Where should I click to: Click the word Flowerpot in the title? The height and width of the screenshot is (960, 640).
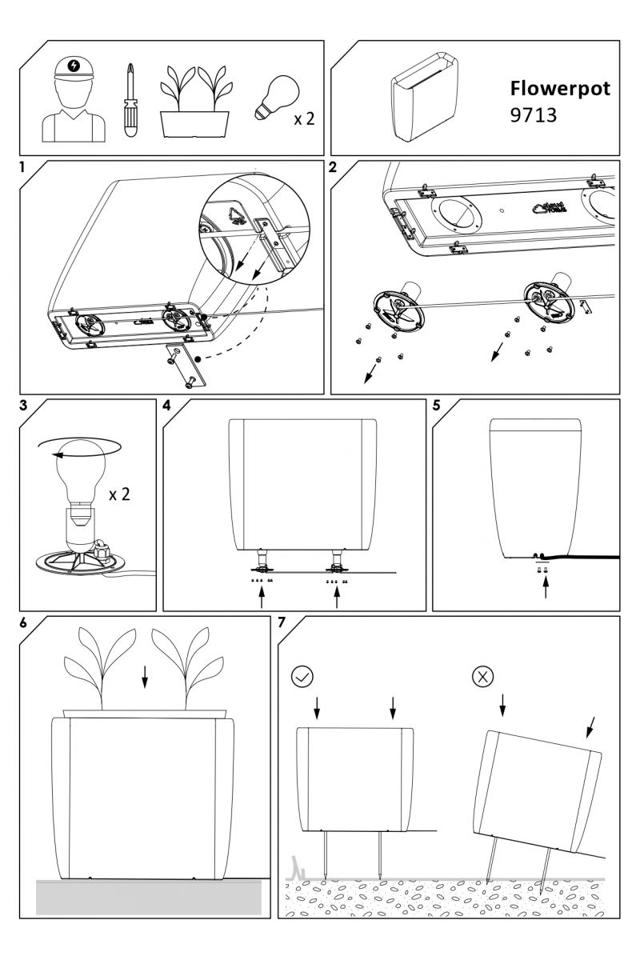pyautogui.click(x=559, y=89)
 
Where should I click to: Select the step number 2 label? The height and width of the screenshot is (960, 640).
pyautogui.click(x=334, y=167)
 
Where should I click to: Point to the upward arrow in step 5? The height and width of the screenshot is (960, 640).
pyautogui.click(x=546, y=589)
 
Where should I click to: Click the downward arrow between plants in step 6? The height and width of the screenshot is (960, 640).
pyautogui.click(x=144, y=677)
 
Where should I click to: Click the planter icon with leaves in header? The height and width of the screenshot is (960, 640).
pyautogui.click(x=195, y=102)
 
